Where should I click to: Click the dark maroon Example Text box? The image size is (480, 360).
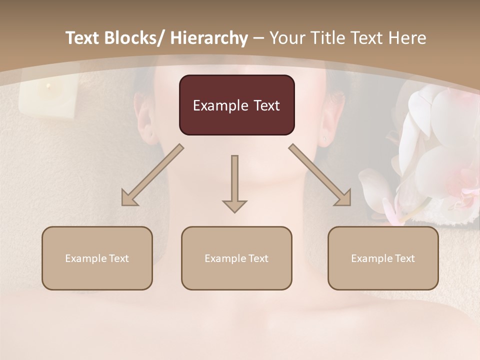coord(236,105)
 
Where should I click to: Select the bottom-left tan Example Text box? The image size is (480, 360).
coord(97,258)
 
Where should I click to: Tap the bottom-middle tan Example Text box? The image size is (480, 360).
coord(236,258)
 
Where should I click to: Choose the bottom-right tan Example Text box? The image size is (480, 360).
coord(383,258)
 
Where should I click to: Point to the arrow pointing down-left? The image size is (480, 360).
coord(151,175)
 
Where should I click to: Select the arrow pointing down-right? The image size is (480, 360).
coord(320,175)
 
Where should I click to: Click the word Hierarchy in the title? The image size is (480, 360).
coord(209,38)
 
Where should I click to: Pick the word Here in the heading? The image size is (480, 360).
coord(408,38)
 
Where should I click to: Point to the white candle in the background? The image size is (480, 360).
coord(48,98)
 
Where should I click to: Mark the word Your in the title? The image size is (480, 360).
coord(286,38)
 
